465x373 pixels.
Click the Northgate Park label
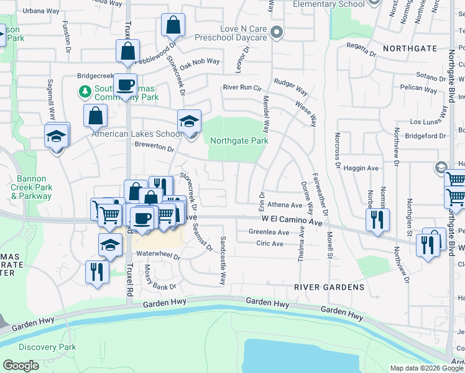point(239,140)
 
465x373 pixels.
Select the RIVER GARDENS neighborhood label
point(329,287)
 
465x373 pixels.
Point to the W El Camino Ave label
point(292,220)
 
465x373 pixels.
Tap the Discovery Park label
point(47,347)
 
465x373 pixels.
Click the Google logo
point(21,366)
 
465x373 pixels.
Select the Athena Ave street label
point(285,205)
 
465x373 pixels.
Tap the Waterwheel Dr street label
point(158,256)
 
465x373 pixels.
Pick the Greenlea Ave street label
point(269,232)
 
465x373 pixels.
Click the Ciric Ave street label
point(269,244)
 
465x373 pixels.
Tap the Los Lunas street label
point(425,122)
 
